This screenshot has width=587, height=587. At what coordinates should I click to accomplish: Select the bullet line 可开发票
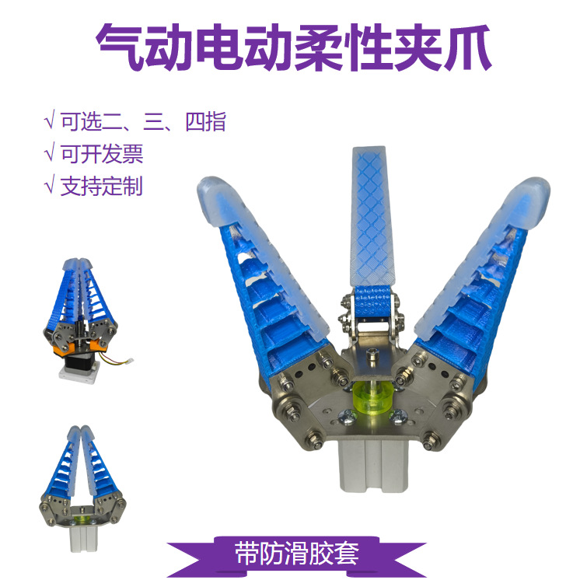pos(102,154)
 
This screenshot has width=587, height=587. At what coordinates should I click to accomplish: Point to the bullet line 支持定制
pos(102,187)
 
